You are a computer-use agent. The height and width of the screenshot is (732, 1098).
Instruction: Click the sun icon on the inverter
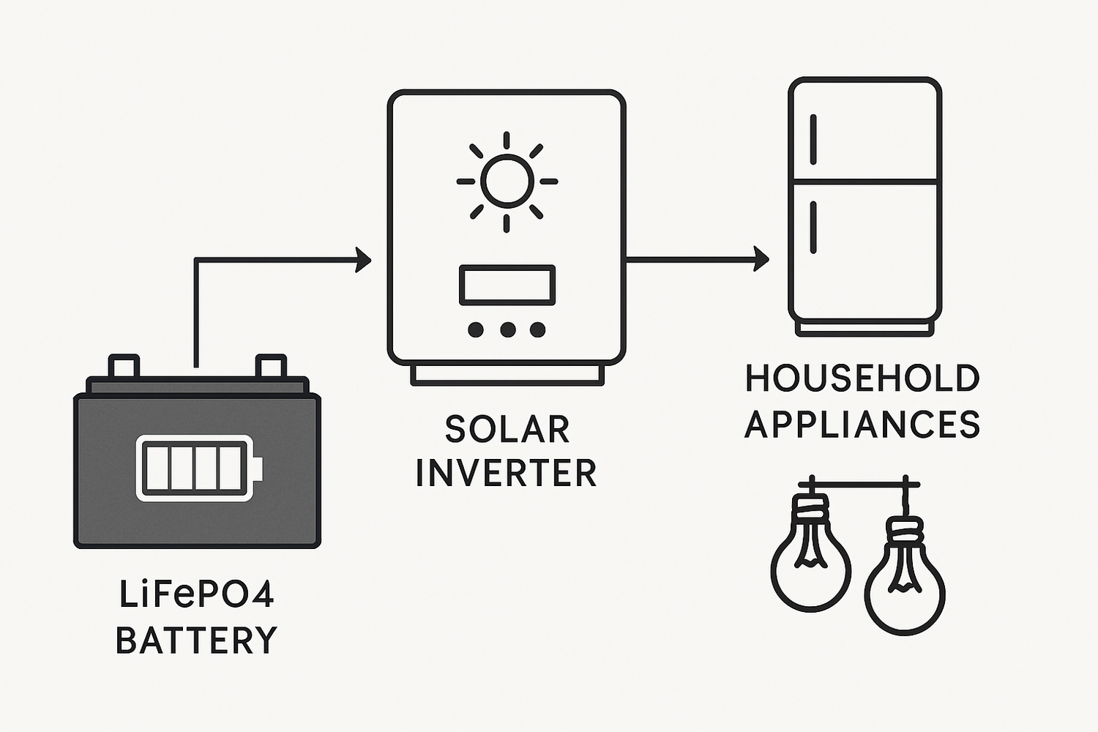coord(507,182)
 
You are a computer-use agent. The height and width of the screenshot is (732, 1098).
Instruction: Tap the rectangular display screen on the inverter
coord(507,285)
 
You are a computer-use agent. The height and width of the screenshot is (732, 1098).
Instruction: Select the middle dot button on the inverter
coord(507,329)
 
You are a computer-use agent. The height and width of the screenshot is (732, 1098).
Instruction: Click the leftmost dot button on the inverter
coord(476,329)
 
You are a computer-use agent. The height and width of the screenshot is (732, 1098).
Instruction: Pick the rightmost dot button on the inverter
coord(538,329)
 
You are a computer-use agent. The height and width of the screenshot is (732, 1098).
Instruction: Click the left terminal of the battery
coord(124,365)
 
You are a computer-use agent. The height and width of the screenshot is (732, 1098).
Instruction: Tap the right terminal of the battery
coord(270,365)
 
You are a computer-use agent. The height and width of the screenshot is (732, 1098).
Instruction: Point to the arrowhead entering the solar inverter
coord(363,259)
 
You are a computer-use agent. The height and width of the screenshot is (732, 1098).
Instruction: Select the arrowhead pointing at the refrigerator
coord(761,259)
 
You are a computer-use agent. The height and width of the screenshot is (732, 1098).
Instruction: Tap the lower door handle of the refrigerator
coord(813,228)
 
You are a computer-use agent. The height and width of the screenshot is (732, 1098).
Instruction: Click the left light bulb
coord(811,564)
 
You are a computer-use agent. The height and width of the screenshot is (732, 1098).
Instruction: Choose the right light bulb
coord(905,586)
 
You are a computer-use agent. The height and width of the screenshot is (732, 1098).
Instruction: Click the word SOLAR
coord(507,430)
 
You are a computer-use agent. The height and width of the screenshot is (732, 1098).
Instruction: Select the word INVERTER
coord(507,473)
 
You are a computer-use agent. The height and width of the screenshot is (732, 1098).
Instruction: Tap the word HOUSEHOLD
coord(862,379)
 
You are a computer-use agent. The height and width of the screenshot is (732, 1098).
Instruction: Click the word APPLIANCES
coord(862,425)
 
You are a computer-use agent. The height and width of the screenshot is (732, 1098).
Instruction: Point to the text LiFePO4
coord(196,594)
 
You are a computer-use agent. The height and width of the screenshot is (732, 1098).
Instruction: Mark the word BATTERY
coord(196,640)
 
